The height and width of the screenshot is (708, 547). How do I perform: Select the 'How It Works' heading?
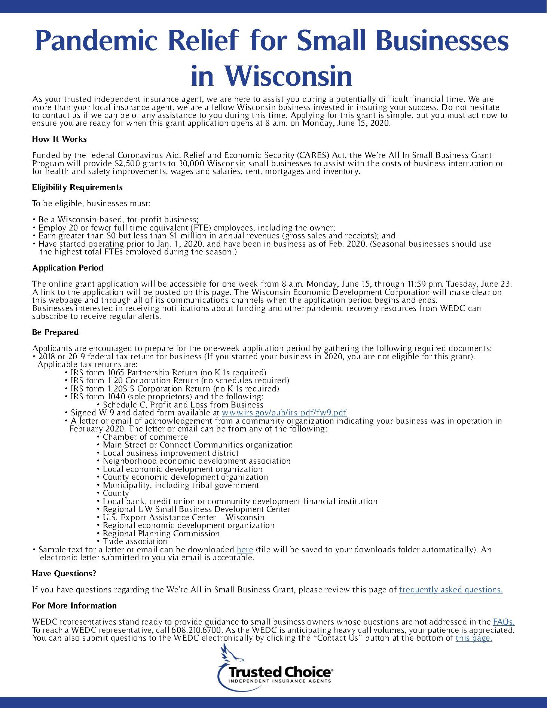[x=59, y=139]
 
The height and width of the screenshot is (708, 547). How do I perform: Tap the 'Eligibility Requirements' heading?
[x=77, y=187]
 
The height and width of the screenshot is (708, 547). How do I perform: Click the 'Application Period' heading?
[x=68, y=268]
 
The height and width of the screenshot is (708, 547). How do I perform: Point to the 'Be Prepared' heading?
[x=55, y=332]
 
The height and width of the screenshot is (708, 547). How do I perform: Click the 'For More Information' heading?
[x=74, y=605]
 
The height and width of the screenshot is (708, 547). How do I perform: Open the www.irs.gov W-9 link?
[x=284, y=413]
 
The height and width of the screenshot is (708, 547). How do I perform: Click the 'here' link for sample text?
[x=245, y=550]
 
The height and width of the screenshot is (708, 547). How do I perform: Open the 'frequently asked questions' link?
[x=450, y=590]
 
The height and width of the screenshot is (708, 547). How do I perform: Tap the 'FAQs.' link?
[x=504, y=622]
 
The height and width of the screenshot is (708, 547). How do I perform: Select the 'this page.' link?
[x=473, y=638]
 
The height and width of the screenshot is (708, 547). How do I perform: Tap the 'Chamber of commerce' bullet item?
[x=145, y=437]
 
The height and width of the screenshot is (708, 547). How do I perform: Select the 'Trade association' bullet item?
[x=135, y=541]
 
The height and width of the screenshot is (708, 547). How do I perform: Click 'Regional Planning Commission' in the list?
[x=161, y=534]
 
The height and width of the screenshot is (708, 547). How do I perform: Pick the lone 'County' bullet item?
[x=116, y=493]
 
